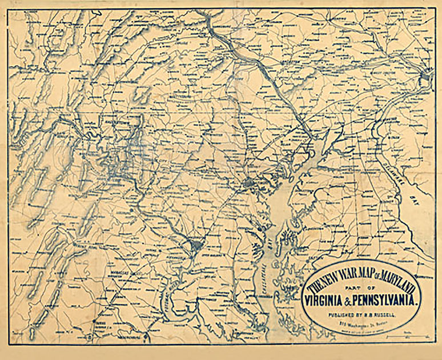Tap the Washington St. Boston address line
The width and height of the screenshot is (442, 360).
click(x=360, y=323)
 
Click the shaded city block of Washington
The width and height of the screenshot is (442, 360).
click(x=196, y=246)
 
